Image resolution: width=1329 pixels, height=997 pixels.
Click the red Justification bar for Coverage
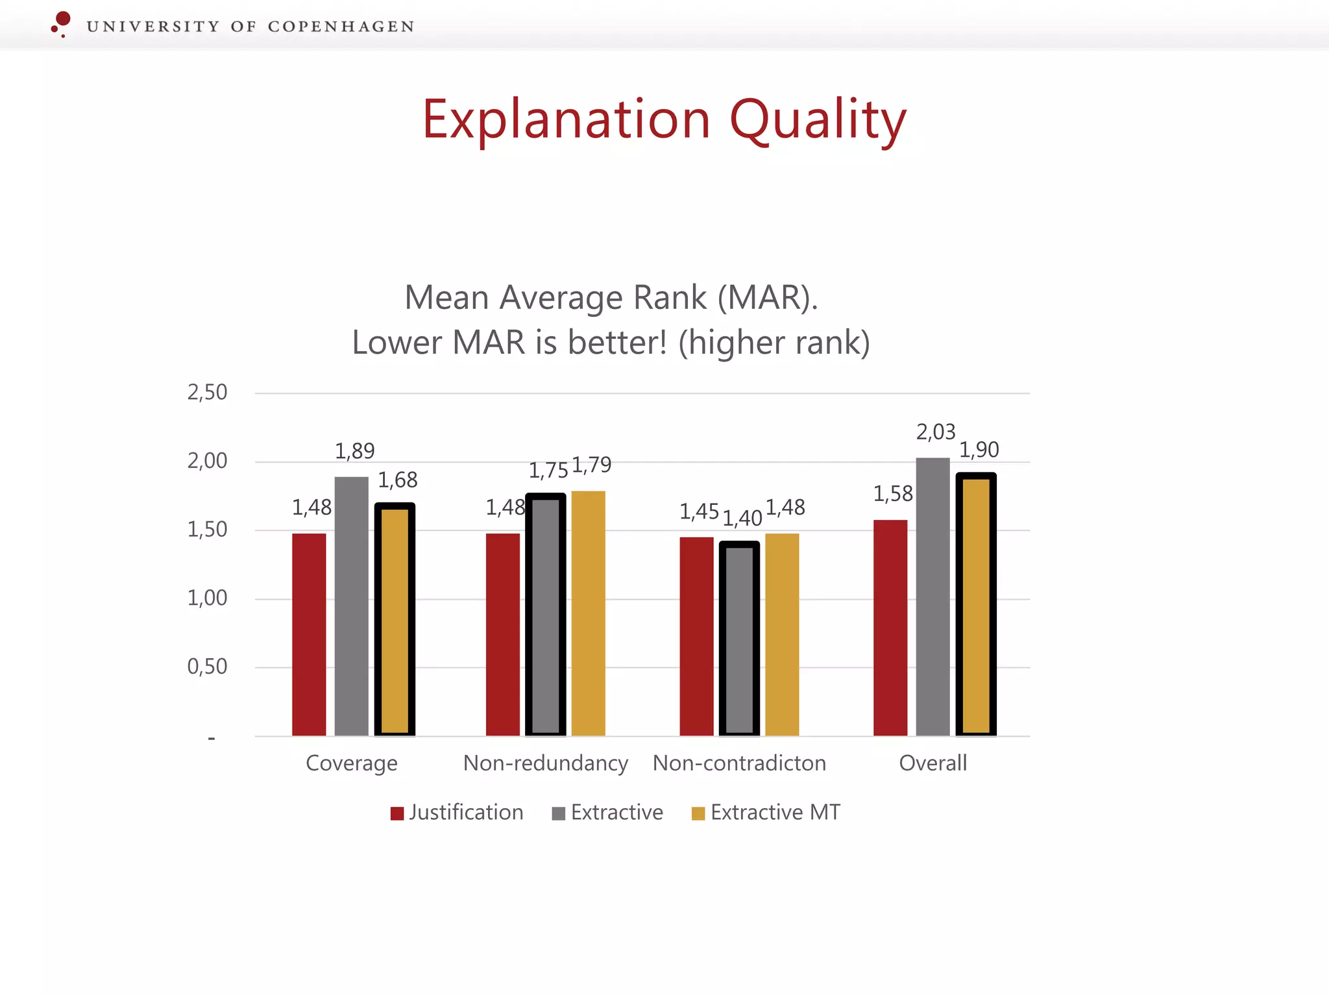[x=309, y=634]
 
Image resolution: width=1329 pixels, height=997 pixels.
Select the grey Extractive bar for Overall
[x=933, y=597]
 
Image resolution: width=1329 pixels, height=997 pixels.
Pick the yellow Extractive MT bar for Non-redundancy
[x=588, y=613]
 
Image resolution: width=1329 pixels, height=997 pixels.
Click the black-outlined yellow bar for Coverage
[x=395, y=619]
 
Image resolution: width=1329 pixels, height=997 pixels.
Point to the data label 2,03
[x=935, y=432]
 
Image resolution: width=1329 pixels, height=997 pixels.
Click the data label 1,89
[x=354, y=451]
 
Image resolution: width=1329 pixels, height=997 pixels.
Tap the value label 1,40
[x=742, y=519]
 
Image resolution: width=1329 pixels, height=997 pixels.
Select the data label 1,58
[x=892, y=495]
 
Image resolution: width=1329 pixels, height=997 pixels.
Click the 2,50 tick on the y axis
[x=207, y=393]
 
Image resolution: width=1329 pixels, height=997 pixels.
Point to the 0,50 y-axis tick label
[x=207, y=667]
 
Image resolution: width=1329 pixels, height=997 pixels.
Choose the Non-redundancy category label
[x=545, y=763]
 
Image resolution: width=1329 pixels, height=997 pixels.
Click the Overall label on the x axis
[x=933, y=763]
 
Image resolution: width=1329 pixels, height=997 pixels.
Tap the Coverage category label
[x=351, y=763]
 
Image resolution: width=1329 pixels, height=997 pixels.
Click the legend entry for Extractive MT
[x=766, y=813]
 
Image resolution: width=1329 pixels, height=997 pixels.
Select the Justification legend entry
[x=457, y=813]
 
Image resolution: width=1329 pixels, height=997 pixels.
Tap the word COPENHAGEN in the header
[x=341, y=27]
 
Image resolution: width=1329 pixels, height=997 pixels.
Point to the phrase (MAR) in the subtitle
[x=767, y=298]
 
